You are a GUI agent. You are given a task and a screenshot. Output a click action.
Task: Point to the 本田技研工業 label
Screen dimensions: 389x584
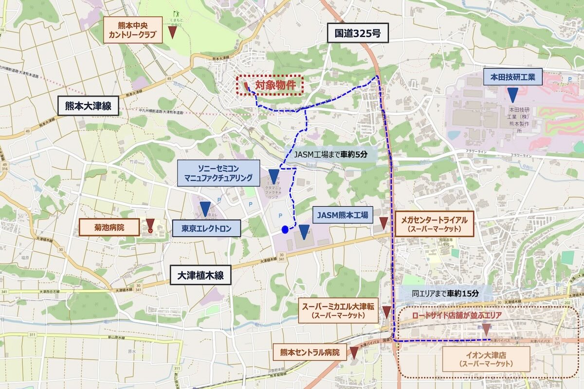[512, 77]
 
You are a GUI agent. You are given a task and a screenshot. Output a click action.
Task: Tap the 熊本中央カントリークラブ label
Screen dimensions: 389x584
[133, 30]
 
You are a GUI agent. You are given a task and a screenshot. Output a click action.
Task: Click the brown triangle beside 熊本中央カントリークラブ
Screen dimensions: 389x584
[172, 33]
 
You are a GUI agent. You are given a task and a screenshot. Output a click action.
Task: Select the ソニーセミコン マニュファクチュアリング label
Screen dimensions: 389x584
[218, 173]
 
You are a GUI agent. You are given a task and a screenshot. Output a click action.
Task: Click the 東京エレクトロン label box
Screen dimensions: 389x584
[206, 228]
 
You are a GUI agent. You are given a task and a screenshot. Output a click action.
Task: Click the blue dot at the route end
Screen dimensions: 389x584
[285, 230]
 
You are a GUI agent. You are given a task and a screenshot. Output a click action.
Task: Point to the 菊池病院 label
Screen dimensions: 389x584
[109, 227]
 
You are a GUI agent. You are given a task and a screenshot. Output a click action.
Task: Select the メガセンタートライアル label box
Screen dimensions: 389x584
[434, 224]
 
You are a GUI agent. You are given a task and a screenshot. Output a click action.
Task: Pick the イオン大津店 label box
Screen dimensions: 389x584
[486, 359]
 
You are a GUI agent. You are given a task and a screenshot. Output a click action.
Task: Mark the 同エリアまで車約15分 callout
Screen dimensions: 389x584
[445, 294]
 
